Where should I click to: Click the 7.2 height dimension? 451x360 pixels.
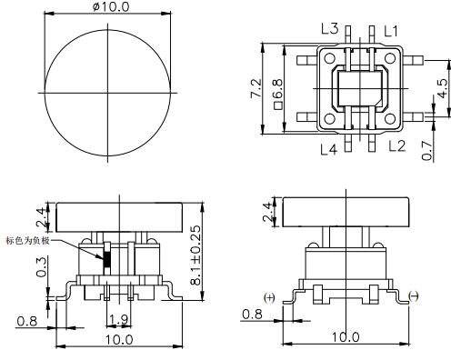click(x=257, y=88)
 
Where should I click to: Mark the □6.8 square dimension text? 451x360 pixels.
click(x=276, y=89)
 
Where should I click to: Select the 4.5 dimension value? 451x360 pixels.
click(x=443, y=89)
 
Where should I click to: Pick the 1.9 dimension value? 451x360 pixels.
click(x=117, y=319)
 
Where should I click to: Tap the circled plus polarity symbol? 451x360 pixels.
click(x=269, y=297)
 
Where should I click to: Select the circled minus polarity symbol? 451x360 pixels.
click(x=415, y=297)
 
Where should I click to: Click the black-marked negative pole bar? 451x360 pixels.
click(x=105, y=256)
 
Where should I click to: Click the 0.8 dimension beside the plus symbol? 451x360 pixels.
click(x=253, y=315)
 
